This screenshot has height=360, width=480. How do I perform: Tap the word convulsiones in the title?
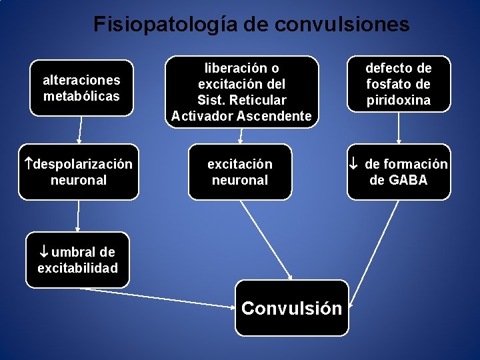(x=342, y=25)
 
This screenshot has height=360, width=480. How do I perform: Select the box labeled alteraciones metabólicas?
(x=81, y=88)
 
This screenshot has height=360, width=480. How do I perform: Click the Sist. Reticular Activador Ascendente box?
(x=241, y=92)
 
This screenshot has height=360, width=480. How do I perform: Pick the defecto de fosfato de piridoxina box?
(x=399, y=84)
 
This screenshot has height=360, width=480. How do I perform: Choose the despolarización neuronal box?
(x=79, y=172)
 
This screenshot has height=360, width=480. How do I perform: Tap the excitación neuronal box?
(x=240, y=172)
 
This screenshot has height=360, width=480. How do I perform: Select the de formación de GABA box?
(x=399, y=172)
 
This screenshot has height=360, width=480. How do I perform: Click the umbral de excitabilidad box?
(x=77, y=260)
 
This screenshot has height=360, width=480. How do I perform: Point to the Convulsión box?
(x=291, y=308)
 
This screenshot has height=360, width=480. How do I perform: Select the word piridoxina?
(x=399, y=100)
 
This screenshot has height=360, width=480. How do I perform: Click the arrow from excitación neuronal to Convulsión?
(x=266, y=240)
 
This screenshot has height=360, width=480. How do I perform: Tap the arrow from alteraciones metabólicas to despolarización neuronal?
(x=80, y=130)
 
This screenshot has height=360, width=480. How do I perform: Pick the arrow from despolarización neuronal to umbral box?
(x=78, y=215)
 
